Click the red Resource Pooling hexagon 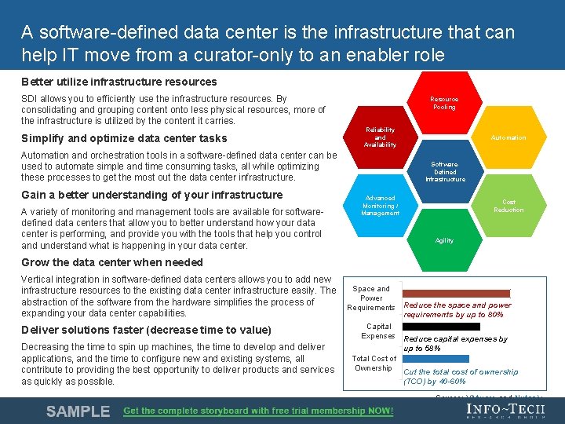coord(444,103)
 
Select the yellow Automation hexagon coord(508,137)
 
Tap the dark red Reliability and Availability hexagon coord(381,137)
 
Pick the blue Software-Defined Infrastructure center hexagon coord(444,172)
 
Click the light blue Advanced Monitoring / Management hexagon coord(381,207)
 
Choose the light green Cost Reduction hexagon coord(508,206)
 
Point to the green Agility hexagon coord(444,240)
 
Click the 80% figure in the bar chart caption coord(494,315)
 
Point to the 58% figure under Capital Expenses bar coord(432,348)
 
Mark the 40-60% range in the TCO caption coord(452,382)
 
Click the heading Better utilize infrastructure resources coord(119,82)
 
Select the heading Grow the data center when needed coord(112,262)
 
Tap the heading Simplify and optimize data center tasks coord(124,138)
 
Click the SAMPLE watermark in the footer coord(78,411)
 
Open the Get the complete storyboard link coord(258,411)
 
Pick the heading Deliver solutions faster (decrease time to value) coord(146,330)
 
